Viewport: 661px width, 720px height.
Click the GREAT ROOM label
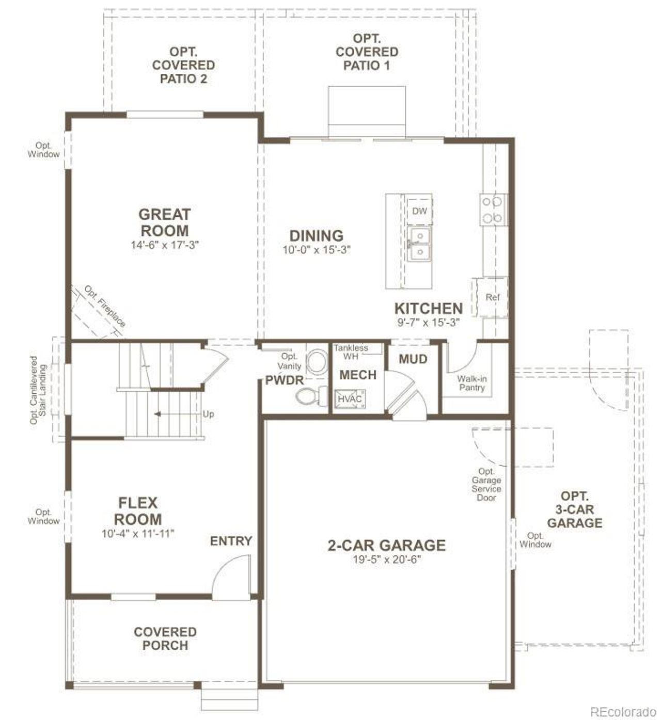(165, 222)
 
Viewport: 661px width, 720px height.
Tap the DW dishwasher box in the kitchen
(419, 211)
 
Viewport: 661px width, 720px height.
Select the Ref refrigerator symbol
(492, 297)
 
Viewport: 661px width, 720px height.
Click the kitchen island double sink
(420, 245)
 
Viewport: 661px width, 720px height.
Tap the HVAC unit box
(350, 398)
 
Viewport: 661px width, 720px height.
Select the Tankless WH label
(351, 352)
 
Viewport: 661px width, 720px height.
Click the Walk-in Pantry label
(471, 383)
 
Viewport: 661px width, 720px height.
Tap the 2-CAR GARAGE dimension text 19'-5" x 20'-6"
(386, 559)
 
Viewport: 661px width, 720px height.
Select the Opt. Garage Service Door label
(486, 484)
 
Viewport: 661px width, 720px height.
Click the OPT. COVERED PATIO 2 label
(184, 66)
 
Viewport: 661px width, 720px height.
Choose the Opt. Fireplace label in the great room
(105, 306)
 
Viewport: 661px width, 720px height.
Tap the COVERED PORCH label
(165, 638)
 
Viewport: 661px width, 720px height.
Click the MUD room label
(413, 359)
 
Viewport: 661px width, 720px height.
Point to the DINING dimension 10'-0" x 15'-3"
(317, 250)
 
